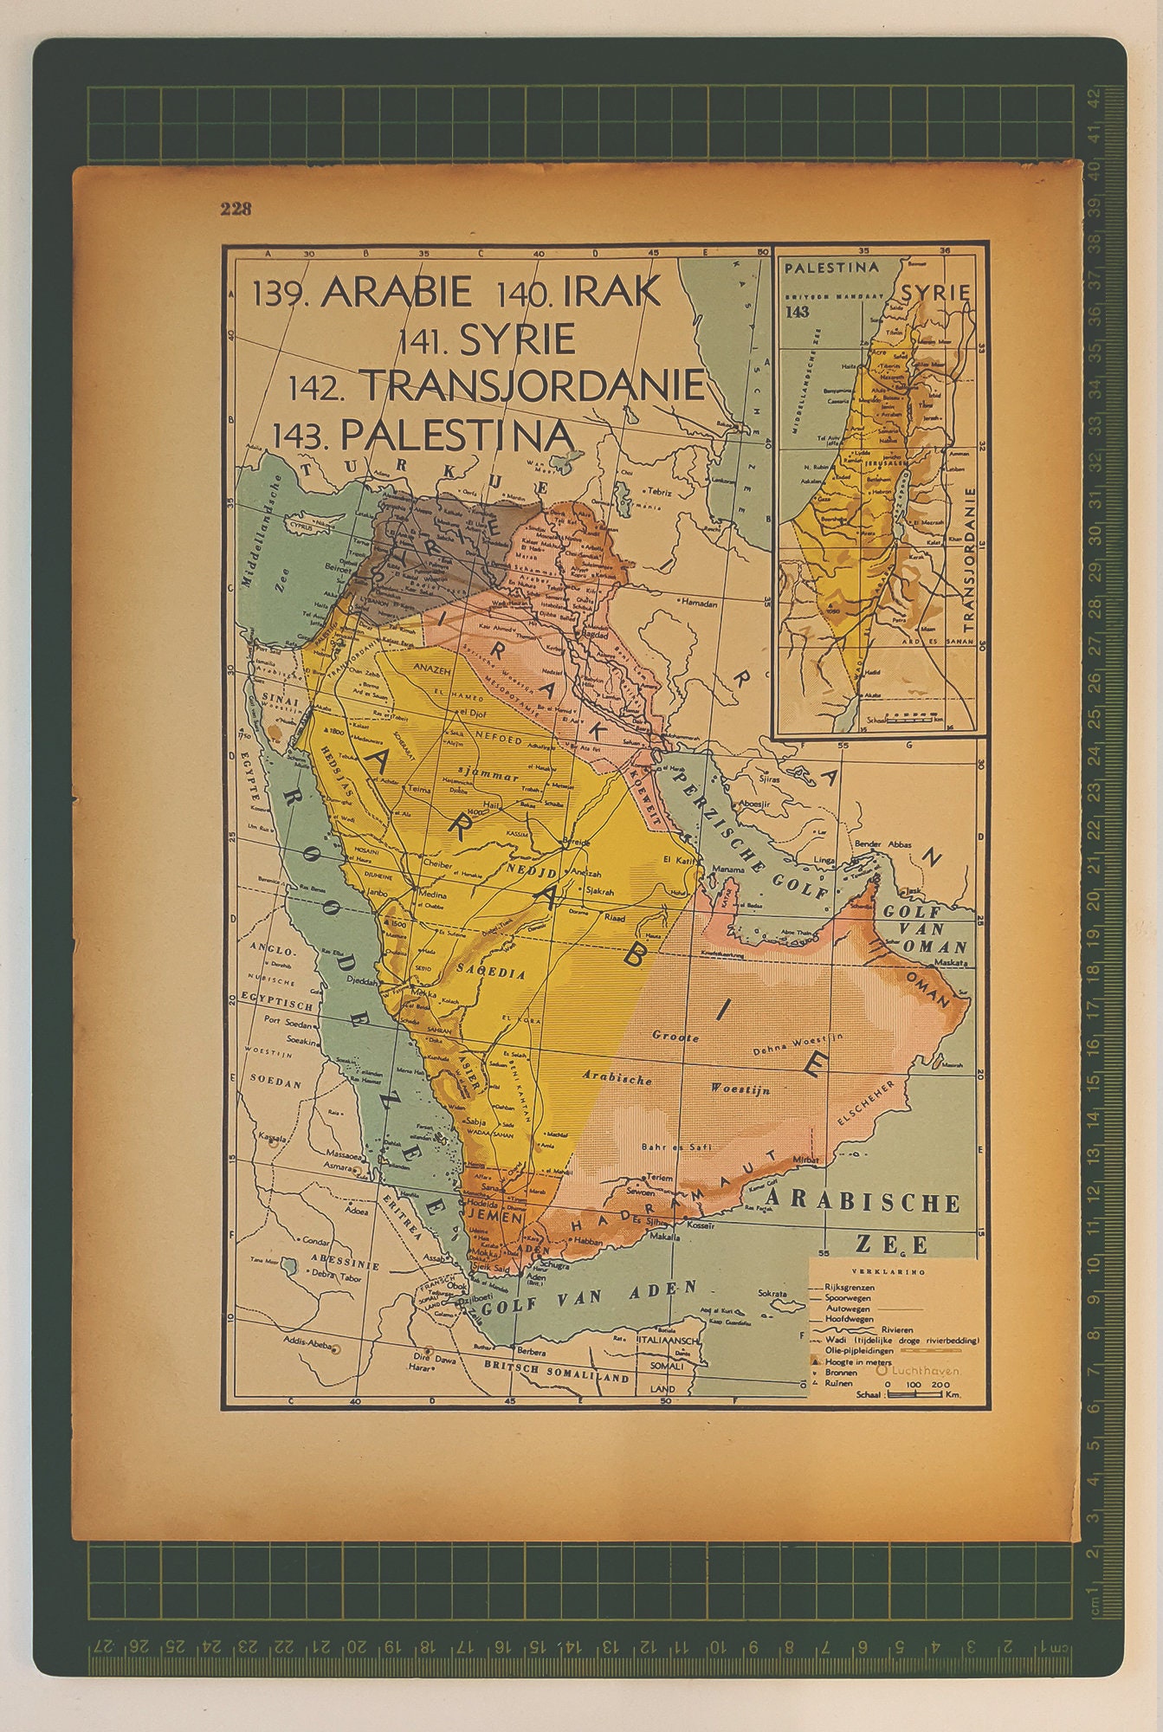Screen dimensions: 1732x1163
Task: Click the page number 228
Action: [x=236, y=208]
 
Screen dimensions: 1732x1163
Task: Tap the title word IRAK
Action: [x=611, y=292]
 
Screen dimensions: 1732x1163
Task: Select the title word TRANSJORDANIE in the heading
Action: [x=532, y=385]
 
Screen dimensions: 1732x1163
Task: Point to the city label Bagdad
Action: [x=597, y=635]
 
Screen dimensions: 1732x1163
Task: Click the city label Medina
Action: [x=432, y=895]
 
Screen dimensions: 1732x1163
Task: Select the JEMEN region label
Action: [x=494, y=1217]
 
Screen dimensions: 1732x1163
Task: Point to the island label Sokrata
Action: [x=776, y=1293]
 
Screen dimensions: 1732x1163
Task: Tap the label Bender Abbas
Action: [x=883, y=844]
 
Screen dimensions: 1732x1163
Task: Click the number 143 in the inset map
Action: [x=798, y=312]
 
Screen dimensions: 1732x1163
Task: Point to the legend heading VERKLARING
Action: [x=888, y=1273]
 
